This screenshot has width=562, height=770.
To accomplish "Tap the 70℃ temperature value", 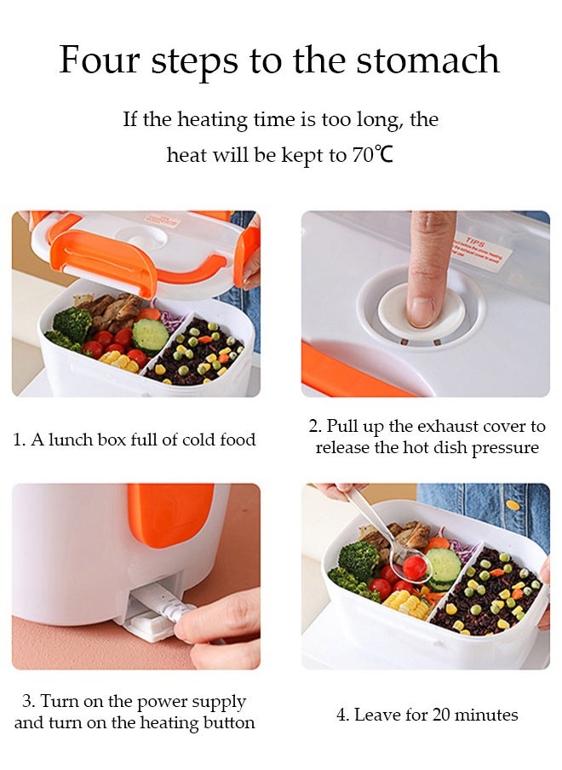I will (x=372, y=156).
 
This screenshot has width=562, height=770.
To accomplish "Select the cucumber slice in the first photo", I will (x=151, y=335).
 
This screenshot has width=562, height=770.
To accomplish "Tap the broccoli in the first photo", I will (x=72, y=324).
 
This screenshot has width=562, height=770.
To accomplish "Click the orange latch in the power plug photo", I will (x=170, y=515).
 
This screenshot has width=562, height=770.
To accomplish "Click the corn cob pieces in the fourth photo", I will (x=404, y=604).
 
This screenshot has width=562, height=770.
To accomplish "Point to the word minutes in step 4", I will (x=487, y=715).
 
